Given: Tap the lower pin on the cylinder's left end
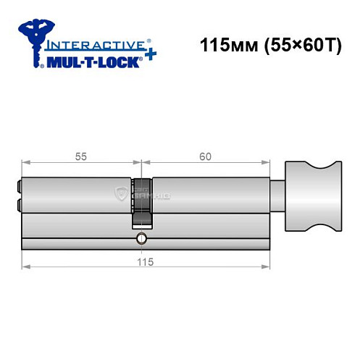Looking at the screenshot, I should tap(18, 203).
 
